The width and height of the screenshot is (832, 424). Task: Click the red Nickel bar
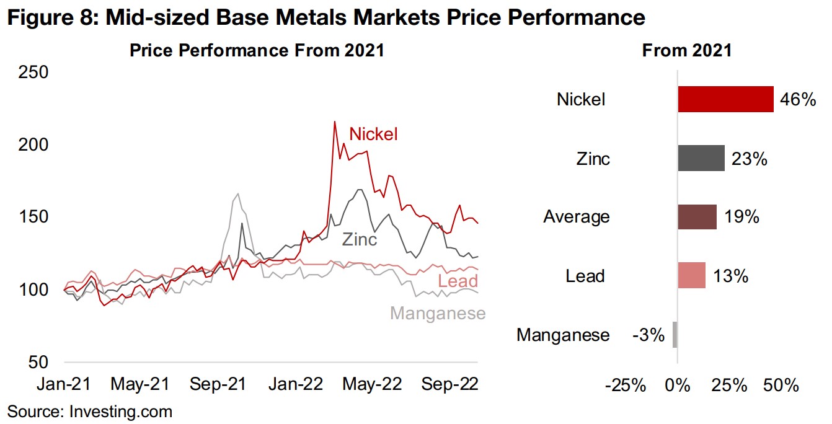[x=725, y=99]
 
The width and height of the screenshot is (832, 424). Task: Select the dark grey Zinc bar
[x=701, y=158]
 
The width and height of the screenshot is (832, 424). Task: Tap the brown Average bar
[x=697, y=217]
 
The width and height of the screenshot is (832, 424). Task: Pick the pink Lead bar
[x=691, y=275]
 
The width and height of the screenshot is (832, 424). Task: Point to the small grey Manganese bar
[x=675, y=335]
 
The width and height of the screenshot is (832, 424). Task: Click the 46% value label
[x=799, y=99]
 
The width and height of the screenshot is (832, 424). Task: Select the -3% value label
[x=648, y=335]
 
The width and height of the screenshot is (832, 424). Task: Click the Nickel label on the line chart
[x=373, y=134]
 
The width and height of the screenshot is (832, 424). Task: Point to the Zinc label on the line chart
[x=360, y=239]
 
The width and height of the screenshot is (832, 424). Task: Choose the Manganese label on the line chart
[x=438, y=314]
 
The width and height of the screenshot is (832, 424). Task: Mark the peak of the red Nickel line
[x=335, y=122]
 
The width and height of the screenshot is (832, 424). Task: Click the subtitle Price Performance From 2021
[x=257, y=51]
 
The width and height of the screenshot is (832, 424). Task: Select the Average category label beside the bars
[x=576, y=217]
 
